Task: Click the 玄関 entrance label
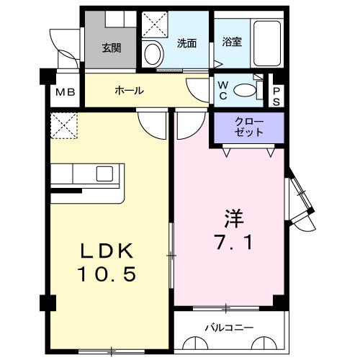pos(111,49)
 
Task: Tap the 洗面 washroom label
pos(187,43)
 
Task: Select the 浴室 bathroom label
pos(232,42)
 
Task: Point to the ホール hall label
pos(130,91)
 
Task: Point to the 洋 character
pos(229,215)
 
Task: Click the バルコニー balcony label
pos(229,328)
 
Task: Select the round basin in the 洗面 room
pos(153,52)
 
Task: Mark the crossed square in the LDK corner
pos(64,125)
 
